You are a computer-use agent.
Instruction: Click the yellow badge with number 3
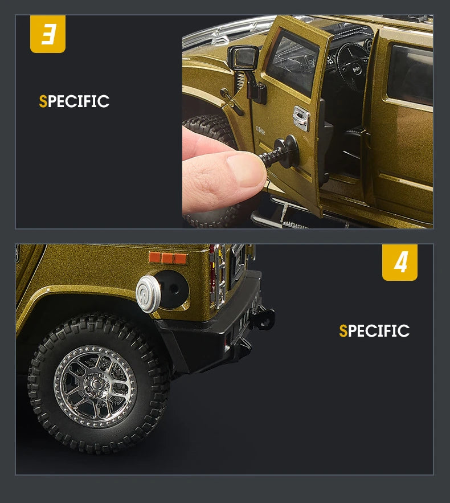(48, 34)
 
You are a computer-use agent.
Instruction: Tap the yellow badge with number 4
(399, 263)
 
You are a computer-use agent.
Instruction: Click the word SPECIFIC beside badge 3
(74, 101)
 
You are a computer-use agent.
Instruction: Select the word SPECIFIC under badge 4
(374, 331)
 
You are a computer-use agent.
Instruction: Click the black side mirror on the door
(243, 57)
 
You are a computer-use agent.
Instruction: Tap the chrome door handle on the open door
(300, 117)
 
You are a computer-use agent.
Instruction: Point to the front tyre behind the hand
(211, 131)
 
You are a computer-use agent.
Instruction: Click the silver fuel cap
(148, 294)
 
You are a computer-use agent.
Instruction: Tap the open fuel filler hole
(172, 288)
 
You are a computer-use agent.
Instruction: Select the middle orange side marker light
(167, 258)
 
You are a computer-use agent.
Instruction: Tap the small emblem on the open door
(261, 129)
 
